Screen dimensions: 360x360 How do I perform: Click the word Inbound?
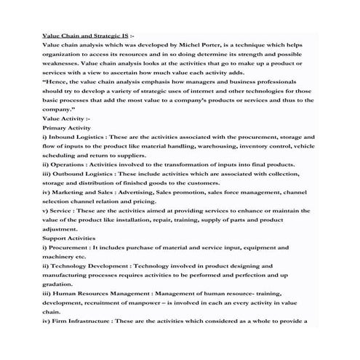click(64, 137)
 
